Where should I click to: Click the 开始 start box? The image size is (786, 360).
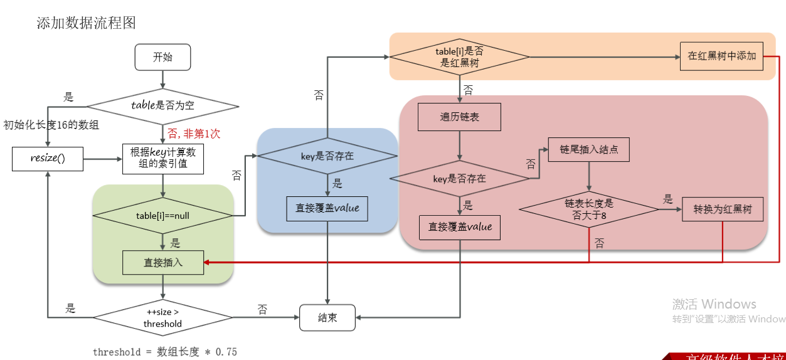pyautogui.click(x=162, y=57)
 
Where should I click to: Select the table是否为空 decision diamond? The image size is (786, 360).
pyautogui.click(x=162, y=105)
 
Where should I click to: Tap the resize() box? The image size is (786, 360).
pyautogui.click(x=48, y=159)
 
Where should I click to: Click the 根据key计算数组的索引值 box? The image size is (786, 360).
pyautogui.click(x=162, y=159)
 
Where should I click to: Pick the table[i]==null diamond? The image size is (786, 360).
pyautogui.click(x=162, y=216)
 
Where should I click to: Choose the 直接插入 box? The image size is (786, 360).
pyautogui.click(x=162, y=263)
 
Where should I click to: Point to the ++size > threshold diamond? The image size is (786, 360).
pyautogui.click(x=162, y=317)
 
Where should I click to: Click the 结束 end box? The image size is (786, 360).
pyautogui.click(x=327, y=317)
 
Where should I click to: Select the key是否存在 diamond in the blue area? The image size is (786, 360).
pyautogui.click(x=327, y=156)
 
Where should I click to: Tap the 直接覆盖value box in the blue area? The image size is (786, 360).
pyautogui.click(x=327, y=208)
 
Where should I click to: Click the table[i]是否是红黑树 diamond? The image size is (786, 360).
pyautogui.click(x=460, y=57)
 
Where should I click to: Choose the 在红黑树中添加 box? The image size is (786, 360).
pyautogui.click(x=721, y=56)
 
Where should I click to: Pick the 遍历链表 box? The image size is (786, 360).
pyautogui.click(x=460, y=117)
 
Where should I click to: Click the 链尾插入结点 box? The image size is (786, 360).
pyautogui.click(x=588, y=149)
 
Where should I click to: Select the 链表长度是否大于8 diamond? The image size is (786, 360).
pyautogui.click(x=588, y=209)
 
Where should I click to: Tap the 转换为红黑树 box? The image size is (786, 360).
pyautogui.click(x=723, y=209)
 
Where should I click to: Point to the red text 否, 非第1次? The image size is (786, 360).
pyautogui.click(x=194, y=134)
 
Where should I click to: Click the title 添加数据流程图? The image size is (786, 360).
pyautogui.click(x=86, y=23)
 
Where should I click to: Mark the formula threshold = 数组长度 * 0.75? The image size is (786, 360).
pyautogui.click(x=165, y=352)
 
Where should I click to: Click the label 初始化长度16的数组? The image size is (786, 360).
pyautogui.click(x=51, y=125)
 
